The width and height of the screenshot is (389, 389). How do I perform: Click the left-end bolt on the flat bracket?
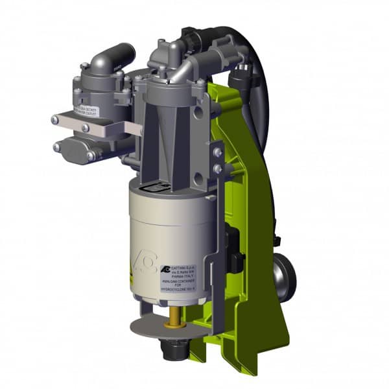[x=58, y=119]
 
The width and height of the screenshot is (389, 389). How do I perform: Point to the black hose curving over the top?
[x=246, y=58]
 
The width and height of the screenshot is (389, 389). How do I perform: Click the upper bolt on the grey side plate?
[x=218, y=152]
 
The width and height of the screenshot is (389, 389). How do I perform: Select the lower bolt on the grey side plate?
[x=218, y=169]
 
